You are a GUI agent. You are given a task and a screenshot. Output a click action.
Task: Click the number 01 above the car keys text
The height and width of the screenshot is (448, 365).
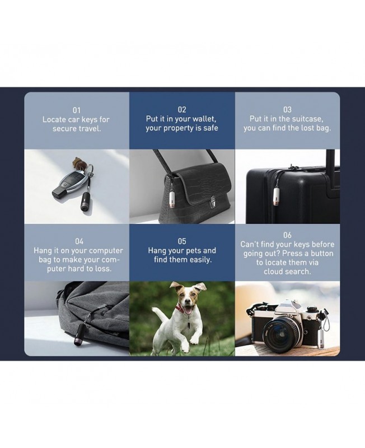pyautogui.click(x=76, y=110)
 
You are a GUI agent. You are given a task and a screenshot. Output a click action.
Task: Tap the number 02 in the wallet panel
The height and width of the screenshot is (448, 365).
pyautogui.click(x=182, y=110)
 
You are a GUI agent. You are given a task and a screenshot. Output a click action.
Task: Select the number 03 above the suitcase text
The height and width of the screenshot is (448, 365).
pyautogui.click(x=287, y=110)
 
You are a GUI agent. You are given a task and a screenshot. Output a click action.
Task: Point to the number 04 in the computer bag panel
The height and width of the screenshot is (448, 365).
pyautogui.click(x=79, y=241)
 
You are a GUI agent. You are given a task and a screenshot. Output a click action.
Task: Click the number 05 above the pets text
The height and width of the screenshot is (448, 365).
pyautogui.click(x=182, y=241)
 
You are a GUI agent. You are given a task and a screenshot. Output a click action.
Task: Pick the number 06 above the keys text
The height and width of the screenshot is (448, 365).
pyautogui.click(x=287, y=235)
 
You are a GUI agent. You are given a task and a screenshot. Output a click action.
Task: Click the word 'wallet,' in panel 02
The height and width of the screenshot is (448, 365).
pyautogui.click(x=204, y=119)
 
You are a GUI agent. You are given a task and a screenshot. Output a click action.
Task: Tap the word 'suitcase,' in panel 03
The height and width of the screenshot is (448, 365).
pyautogui.click(x=310, y=119)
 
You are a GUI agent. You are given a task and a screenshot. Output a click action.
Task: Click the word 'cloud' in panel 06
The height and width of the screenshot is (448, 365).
pyautogui.click(x=273, y=272)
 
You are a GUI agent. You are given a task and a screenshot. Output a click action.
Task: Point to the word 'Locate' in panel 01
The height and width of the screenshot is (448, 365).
pyautogui.click(x=54, y=119)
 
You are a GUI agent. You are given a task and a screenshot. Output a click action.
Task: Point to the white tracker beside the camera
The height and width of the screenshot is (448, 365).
pyautogui.click(x=321, y=339)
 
